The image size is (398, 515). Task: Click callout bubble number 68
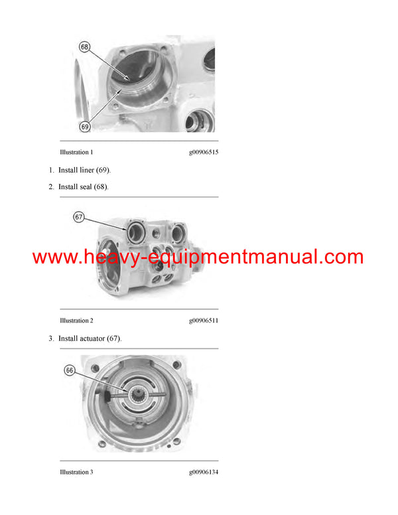click(x=84, y=47)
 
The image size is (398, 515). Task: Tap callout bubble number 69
click(x=85, y=126)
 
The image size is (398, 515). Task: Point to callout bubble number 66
click(x=70, y=371)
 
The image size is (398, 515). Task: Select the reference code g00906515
click(x=204, y=153)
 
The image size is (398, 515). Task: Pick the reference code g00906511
click(x=204, y=321)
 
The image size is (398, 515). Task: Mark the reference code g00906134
click(x=204, y=472)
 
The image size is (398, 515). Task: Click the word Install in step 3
click(x=68, y=338)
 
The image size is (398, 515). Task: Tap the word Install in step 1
click(x=68, y=170)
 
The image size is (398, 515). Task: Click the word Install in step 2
click(x=68, y=187)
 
